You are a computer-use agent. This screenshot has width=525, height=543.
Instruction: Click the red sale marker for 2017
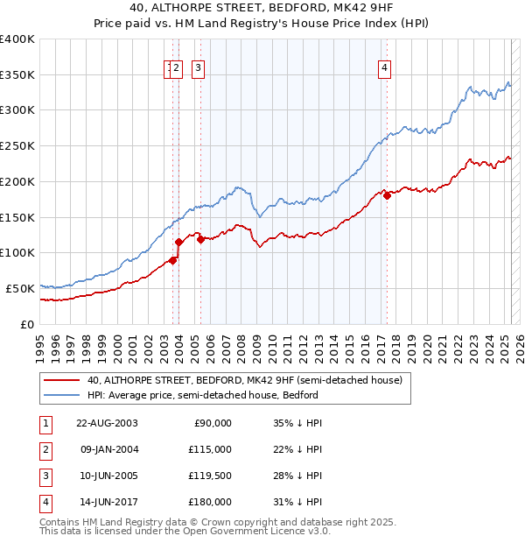click(387, 195)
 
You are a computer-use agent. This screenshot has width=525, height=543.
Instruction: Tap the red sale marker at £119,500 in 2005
click(200, 238)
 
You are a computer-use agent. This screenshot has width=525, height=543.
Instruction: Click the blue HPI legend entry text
click(202, 395)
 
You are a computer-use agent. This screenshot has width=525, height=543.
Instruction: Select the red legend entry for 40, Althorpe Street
click(244, 380)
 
